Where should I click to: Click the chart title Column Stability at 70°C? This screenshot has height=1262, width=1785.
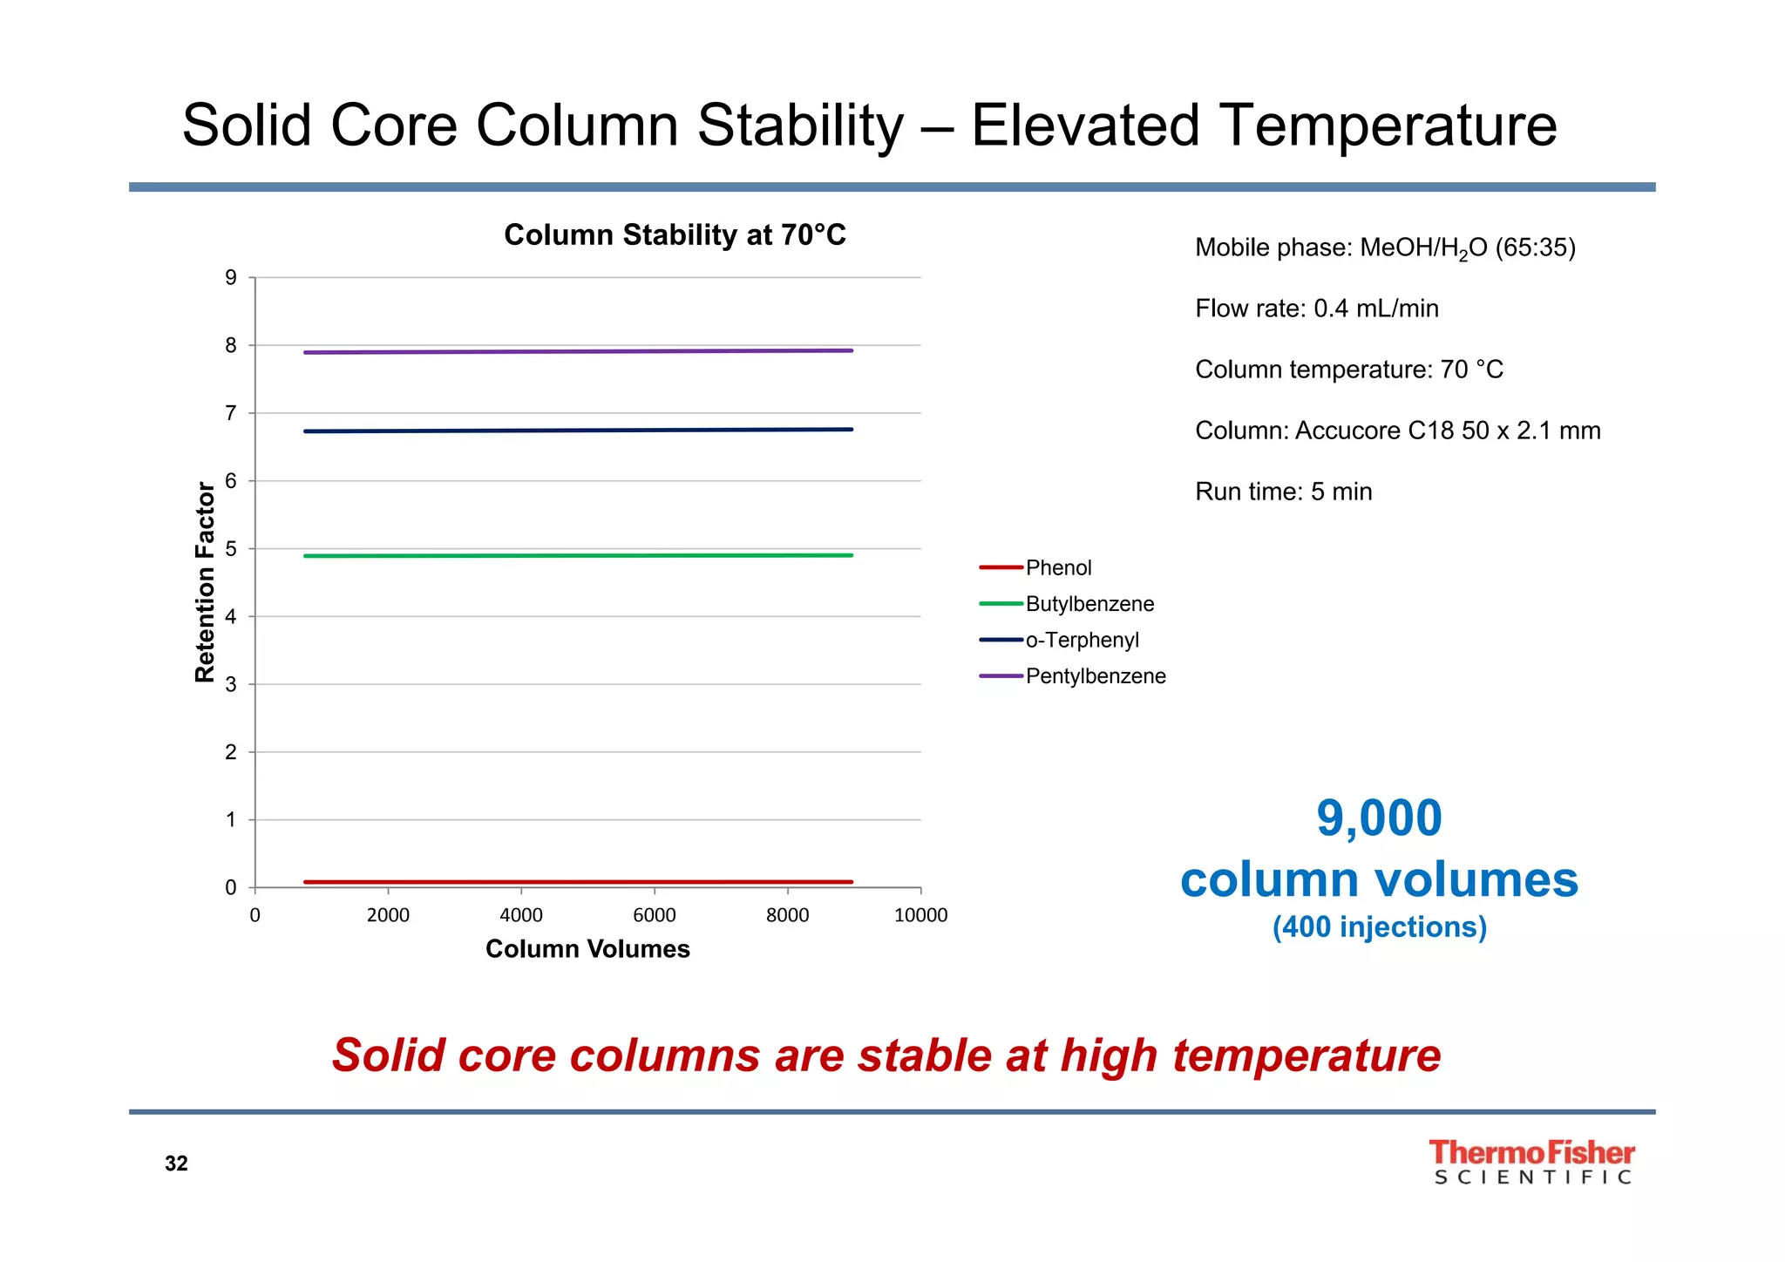pos(675,235)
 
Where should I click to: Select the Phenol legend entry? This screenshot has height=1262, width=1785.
pos(1057,568)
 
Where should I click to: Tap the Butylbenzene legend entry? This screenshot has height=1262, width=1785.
pos(1089,604)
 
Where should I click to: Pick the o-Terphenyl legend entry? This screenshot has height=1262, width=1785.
pos(1082,640)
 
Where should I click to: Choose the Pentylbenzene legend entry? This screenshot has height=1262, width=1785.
pos(1095,676)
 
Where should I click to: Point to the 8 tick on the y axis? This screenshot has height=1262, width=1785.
pos(231,346)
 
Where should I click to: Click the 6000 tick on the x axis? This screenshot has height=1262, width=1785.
pos(654,915)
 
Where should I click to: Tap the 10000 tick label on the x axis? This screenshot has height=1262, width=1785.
pos(920,915)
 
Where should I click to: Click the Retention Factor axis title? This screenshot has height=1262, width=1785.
pos(205,582)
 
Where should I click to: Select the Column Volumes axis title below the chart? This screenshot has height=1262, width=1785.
pos(587,949)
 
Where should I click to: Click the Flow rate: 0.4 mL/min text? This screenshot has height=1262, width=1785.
pos(1316,309)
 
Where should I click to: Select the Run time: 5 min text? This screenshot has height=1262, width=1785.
pos(1283,492)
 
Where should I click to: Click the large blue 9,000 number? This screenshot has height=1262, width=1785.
pos(1379,818)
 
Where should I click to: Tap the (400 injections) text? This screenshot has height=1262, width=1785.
pos(1379,926)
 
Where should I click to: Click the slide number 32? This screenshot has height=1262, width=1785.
pos(176,1164)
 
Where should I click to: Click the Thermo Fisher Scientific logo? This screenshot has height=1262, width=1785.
pos(1531,1163)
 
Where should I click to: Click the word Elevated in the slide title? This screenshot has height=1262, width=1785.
pos(1085,126)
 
